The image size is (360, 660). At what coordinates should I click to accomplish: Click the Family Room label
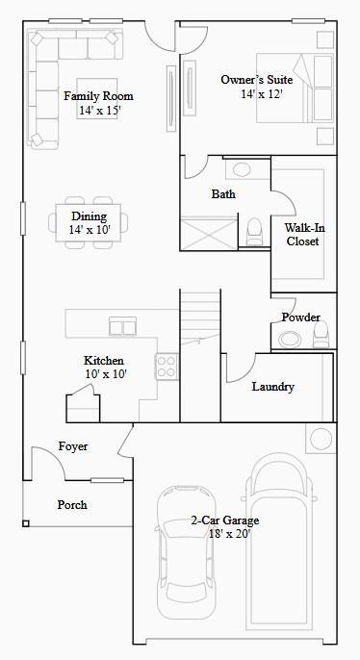pyautogui.click(x=98, y=96)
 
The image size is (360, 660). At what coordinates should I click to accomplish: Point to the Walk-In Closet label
pyautogui.click(x=302, y=235)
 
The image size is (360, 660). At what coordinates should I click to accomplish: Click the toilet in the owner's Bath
pyautogui.click(x=255, y=231)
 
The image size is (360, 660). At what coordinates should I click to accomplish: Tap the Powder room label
pyautogui.click(x=300, y=317)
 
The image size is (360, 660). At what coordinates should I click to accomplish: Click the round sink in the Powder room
pyautogui.click(x=290, y=338)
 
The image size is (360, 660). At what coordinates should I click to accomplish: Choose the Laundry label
pyautogui.click(x=272, y=387)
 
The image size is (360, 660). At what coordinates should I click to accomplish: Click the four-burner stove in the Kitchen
pyautogui.click(x=167, y=366)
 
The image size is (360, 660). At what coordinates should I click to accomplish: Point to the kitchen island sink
pyautogui.click(x=122, y=324)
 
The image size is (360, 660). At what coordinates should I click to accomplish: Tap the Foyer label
pyautogui.click(x=73, y=446)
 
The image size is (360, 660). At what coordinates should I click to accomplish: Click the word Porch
pyautogui.click(x=72, y=504)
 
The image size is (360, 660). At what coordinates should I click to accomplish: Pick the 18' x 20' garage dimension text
pyautogui.click(x=224, y=534)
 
